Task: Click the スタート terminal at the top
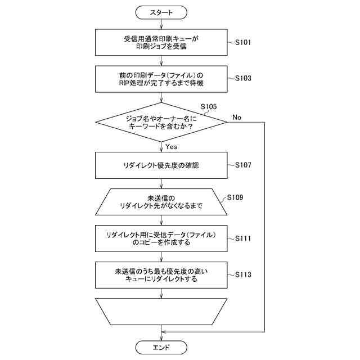(x=161, y=12)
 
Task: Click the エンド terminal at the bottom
(x=161, y=347)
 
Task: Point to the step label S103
(x=243, y=78)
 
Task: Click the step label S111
(x=243, y=238)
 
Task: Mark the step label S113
(x=243, y=274)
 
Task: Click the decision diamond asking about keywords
(x=161, y=123)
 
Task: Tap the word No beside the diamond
(x=236, y=118)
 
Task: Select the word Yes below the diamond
(x=172, y=147)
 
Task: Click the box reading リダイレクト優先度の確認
(x=161, y=165)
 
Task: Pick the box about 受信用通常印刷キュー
(x=161, y=42)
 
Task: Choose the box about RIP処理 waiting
(x=161, y=79)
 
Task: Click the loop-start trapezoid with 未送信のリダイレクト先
(x=161, y=202)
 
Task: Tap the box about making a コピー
(x=161, y=238)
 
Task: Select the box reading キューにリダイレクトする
(x=161, y=274)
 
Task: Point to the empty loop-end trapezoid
(x=161, y=311)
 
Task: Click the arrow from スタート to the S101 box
(x=161, y=24)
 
